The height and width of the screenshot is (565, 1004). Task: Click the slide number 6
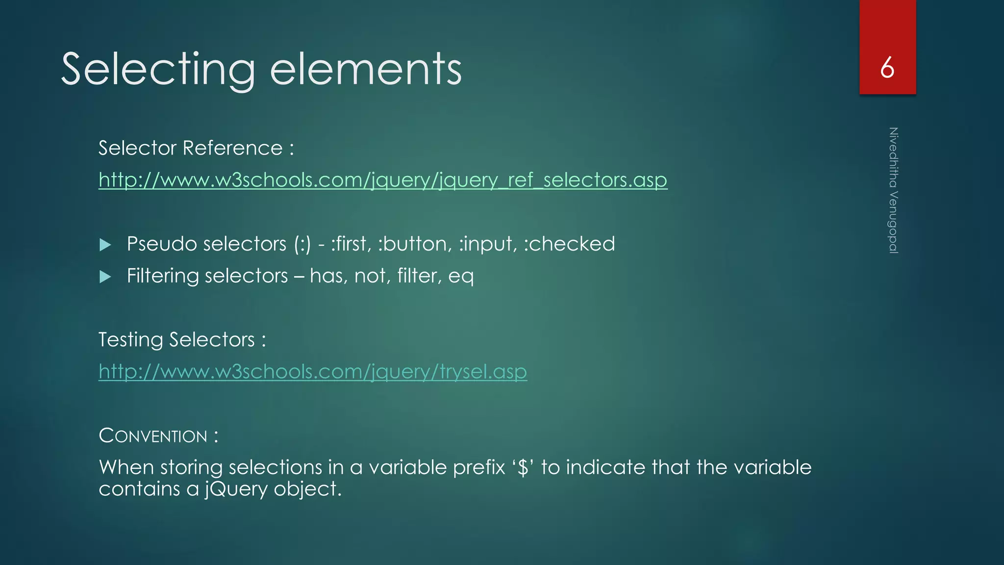887,68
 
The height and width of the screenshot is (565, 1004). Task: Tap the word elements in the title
366,70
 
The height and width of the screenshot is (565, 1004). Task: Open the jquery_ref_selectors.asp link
382,180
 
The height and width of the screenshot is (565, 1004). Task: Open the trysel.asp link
313,371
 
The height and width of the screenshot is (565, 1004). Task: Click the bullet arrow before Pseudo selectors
105,245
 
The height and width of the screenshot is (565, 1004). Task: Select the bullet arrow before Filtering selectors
105,277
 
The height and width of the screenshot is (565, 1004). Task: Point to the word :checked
569,244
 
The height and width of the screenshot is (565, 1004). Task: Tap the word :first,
351,244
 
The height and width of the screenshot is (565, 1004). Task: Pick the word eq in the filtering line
461,276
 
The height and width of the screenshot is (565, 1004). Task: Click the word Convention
153,436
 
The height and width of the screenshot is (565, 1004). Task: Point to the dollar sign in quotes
523,467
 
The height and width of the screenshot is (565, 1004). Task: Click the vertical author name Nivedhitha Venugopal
893,190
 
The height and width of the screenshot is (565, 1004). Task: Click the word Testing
130,339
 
